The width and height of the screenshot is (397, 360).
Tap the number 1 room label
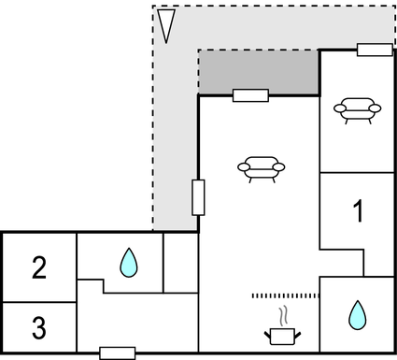pos(357,211)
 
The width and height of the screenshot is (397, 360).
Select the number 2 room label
pos(38,268)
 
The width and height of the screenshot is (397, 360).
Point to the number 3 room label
pos(38,328)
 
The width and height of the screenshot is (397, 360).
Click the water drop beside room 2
pos(128,263)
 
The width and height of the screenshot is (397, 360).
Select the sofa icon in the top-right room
pos(358,109)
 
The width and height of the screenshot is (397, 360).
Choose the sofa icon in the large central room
pos(262,168)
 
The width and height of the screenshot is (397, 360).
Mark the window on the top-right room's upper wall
pos(375,50)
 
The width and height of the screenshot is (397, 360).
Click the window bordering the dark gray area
pos(250,95)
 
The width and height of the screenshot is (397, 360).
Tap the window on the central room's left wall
pos(198,197)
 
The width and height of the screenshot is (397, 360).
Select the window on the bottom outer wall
pos(117,353)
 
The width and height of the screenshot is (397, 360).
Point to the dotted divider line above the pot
pos(285,295)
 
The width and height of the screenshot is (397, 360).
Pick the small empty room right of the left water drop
pos(180,263)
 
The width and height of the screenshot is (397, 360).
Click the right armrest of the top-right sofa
pos(376,109)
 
